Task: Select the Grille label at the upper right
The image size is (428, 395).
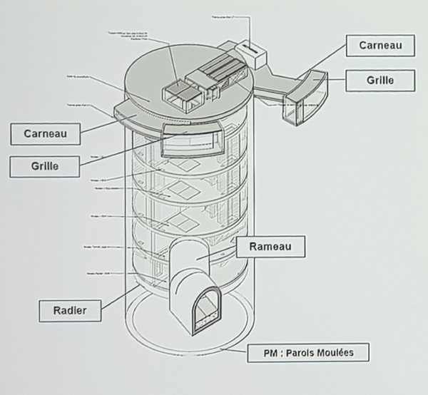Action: point(379,81)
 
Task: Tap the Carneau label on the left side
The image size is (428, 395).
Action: point(45,133)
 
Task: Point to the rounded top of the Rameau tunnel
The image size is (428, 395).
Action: point(189,250)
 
